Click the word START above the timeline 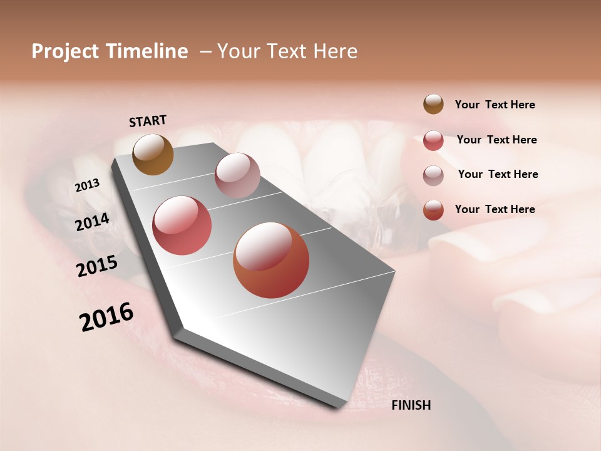tap(148, 121)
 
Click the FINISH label tap(411, 405)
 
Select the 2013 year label tap(88, 185)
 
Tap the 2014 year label tap(93, 222)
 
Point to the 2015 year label tap(97, 266)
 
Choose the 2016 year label tap(106, 317)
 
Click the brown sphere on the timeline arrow tap(153, 155)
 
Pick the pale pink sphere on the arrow tap(237, 175)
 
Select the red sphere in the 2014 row tap(182, 225)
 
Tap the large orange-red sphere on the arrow tap(271, 261)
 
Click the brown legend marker tap(433, 105)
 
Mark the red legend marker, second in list tap(433, 140)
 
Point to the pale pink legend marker tap(433, 175)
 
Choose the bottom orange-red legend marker tap(433, 210)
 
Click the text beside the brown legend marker tap(495, 105)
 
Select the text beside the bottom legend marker tap(495, 209)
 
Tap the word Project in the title tap(65, 51)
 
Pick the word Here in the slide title tap(336, 51)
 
